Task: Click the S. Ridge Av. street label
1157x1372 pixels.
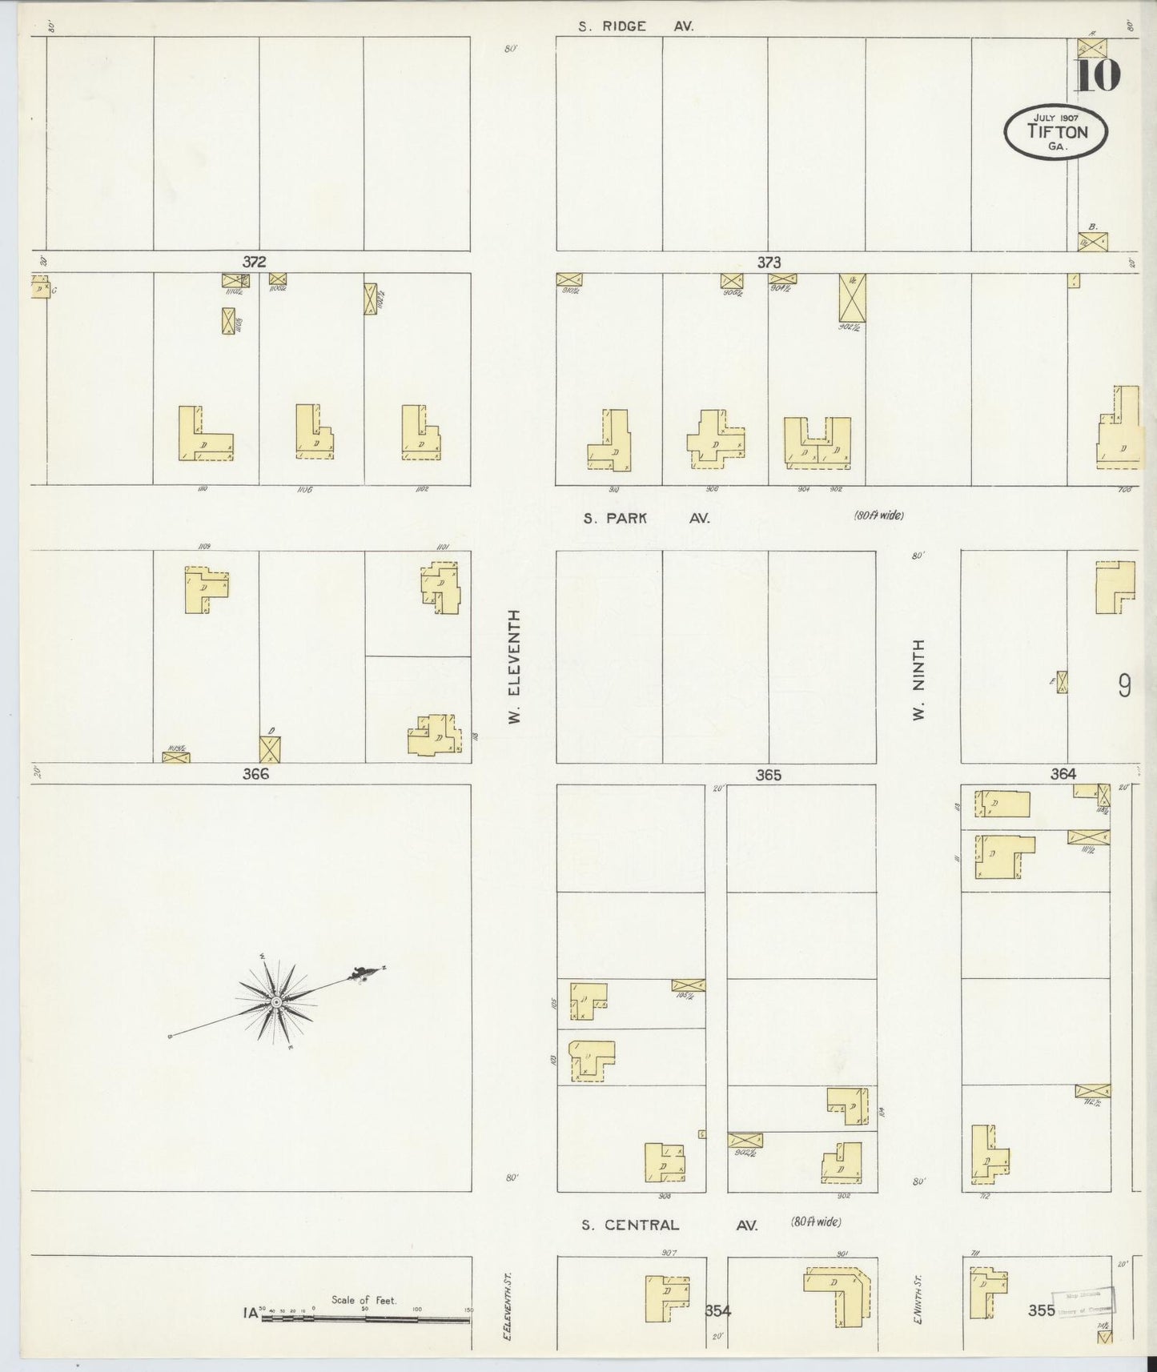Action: click(x=636, y=26)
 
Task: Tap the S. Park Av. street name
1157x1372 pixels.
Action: click(x=646, y=518)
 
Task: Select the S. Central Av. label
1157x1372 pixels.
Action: click(x=669, y=1225)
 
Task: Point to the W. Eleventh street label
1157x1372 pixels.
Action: click(x=515, y=666)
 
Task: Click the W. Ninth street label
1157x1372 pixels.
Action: click(x=919, y=679)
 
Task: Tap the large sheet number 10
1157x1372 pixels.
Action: click(x=1096, y=76)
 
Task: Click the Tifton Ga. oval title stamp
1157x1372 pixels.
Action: click(x=1056, y=132)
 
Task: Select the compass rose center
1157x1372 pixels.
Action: click(x=276, y=1001)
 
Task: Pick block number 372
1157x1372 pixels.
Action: click(x=255, y=262)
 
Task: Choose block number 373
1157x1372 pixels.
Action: click(x=769, y=262)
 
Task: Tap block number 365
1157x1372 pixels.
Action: click(x=767, y=775)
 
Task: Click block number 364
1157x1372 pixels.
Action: click(x=1063, y=773)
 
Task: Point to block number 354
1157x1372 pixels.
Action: click(x=718, y=1310)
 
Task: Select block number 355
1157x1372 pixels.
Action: click(x=1042, y=1310)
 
